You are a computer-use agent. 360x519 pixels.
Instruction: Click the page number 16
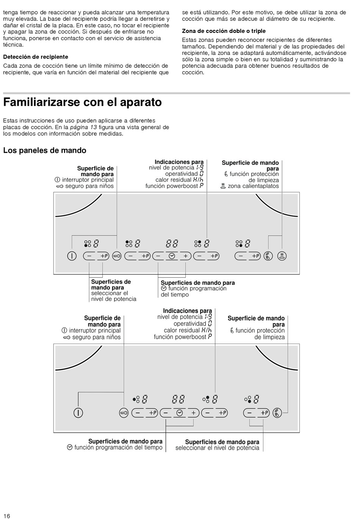click(x=6, y=516)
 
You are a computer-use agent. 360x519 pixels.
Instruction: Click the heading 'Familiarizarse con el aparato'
click(x=82, y=102)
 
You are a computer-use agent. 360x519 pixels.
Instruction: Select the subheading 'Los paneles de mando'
click(x=45, y=150)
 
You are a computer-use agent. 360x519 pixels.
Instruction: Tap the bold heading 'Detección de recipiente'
click(x=36, y=57)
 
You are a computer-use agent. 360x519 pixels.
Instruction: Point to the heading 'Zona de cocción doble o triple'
click(x=224, y=31)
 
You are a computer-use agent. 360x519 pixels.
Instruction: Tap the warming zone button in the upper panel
click(x=282, y=256)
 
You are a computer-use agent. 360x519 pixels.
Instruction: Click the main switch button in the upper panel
click(x=72, y=256)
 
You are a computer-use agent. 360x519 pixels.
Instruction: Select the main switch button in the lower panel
click(x=78, y=413)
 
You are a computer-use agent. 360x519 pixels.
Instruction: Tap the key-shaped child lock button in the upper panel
click(x=117, y=256)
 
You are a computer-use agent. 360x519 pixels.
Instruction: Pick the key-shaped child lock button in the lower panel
click(x=124, y=413)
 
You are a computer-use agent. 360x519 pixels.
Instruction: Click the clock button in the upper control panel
click(x=172, y=256)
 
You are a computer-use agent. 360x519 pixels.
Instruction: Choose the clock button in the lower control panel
click(x=180, y=413)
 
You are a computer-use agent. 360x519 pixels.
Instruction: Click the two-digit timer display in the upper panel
click(x=172, y=243)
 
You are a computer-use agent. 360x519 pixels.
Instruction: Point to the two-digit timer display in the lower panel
click(x=178, y=399)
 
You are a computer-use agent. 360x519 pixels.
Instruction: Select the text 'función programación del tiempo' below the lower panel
click(x=118, y=448)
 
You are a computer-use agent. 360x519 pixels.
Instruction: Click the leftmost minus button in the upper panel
click(x=89, y=256)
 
